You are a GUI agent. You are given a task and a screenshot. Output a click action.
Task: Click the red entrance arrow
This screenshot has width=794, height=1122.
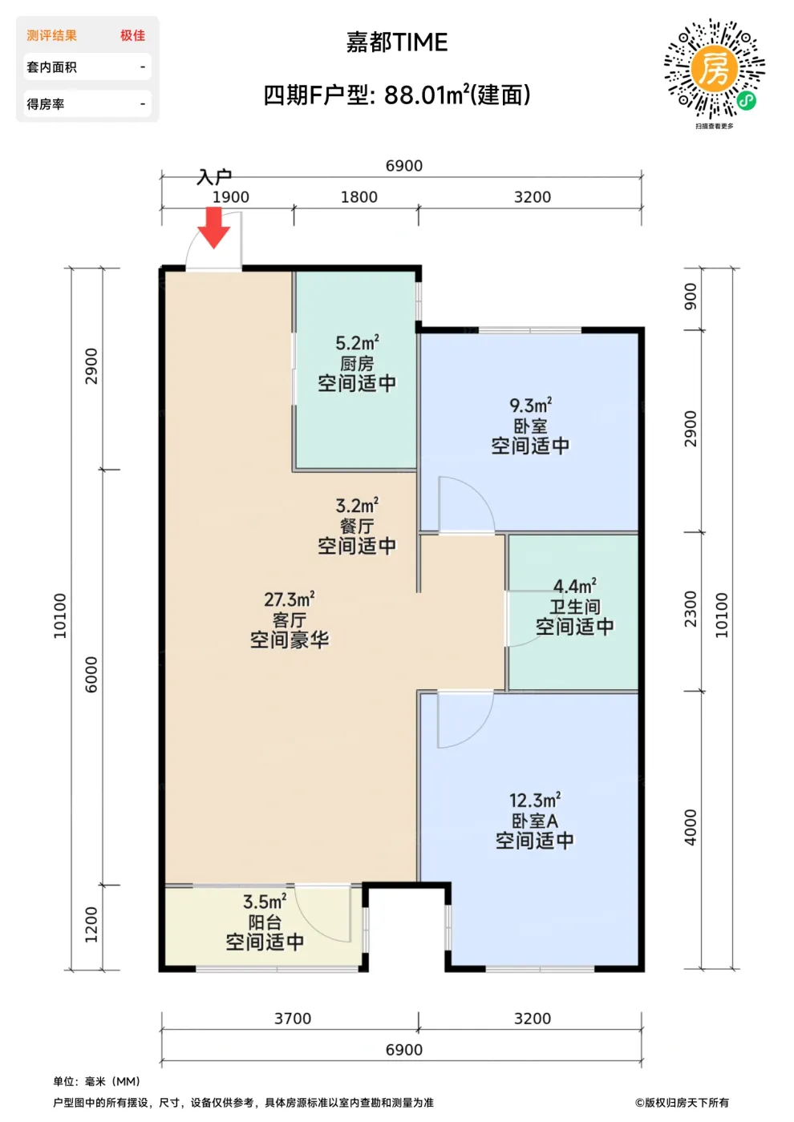click(x=214, y=228)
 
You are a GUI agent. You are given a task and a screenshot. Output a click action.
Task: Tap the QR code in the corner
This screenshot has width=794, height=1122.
click(x=715, y=69)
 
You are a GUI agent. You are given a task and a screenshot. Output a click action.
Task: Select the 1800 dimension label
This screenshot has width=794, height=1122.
click(x=359, y=197)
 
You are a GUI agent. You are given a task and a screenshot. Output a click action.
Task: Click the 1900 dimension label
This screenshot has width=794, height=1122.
click(x=231, y=197)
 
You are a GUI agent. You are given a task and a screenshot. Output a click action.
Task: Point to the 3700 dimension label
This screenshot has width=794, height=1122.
click(x=293, y=1019)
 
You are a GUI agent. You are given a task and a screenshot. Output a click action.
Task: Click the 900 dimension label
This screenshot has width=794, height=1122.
click(x=691, y=297)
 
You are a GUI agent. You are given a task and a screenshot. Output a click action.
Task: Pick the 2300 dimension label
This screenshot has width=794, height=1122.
click(x=691, y=609)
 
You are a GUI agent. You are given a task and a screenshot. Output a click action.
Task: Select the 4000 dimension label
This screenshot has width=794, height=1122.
click(x=691, y=827)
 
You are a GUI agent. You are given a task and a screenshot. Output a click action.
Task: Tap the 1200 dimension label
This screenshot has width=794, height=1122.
click(x=91, y=925)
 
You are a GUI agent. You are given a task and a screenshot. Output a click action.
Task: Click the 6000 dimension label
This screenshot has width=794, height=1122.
click(x=91, y=675)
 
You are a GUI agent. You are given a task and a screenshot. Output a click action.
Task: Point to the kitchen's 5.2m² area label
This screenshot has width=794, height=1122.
click(x=357, y=343)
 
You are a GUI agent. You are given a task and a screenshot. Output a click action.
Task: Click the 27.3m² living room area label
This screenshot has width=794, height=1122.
click(x=290, y=599)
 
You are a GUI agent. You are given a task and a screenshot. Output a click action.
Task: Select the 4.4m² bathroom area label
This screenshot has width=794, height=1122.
click(x=574, y=586)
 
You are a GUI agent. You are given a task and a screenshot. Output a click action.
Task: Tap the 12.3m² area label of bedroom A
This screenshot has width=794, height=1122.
click(x=535, y=800)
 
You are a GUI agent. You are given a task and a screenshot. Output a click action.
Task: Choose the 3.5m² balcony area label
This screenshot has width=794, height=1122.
click(x=265, y=902)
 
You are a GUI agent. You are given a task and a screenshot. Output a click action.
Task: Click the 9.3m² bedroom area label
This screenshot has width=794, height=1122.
click(x=530, y=405)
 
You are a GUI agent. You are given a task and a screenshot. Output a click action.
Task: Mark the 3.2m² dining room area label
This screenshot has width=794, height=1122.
click(x=357, y=506)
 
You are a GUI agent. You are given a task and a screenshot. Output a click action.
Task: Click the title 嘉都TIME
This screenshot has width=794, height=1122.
click(x=396, y=42)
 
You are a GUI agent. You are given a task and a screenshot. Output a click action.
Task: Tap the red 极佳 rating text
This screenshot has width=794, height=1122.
click(x=133, y=35)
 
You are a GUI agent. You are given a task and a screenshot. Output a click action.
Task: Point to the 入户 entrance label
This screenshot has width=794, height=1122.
click(x=214, y=177)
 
